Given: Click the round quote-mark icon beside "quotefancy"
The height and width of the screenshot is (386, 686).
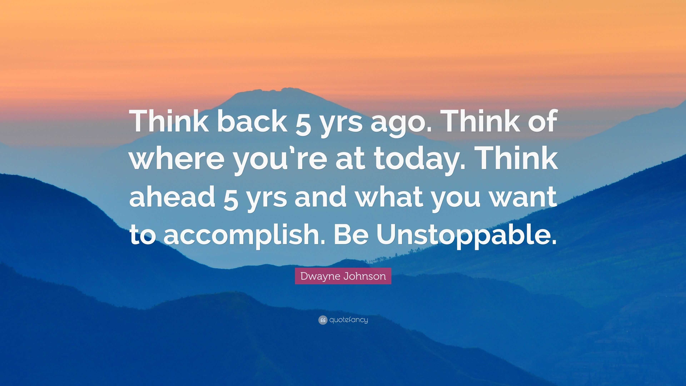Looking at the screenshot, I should point(322,320).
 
